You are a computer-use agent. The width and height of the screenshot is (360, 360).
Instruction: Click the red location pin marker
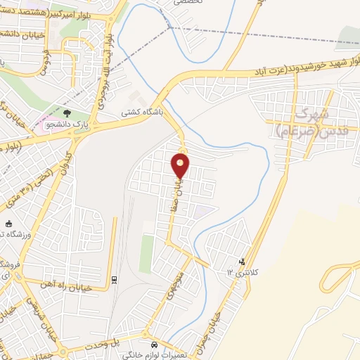[181, 164]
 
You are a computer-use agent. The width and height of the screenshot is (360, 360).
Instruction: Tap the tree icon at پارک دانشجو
[67, 112]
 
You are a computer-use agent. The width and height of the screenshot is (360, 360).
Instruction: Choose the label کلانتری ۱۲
[242, 271]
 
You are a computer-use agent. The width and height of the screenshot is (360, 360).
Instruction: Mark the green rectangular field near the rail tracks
[146, 254]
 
